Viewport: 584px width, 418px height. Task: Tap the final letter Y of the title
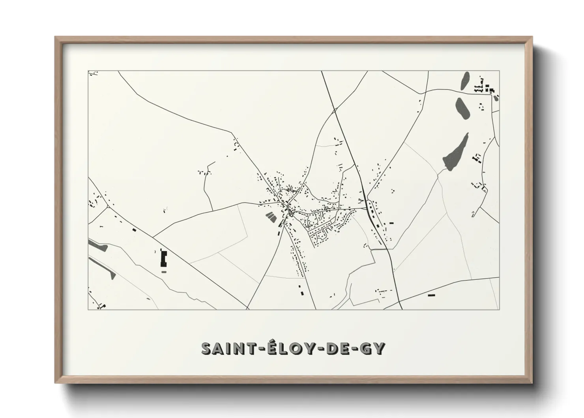click(x=378, y=348)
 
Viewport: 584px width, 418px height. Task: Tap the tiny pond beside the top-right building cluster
click(x=496, y=97)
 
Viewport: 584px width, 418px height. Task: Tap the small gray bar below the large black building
click(x=164, y=272)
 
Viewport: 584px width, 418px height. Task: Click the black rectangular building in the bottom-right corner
click(x=431, y=295)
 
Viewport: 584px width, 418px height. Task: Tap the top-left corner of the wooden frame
click(x=56, y=37)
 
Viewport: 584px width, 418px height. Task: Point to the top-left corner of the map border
click(x=88, y=71)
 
